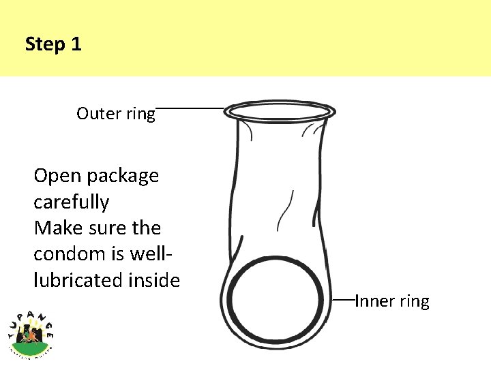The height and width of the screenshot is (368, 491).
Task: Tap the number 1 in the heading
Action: pyautogui.click(x=76, y=45)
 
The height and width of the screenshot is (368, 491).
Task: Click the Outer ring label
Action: pyautogui.click(x=116, y=113)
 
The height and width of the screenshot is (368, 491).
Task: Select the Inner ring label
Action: pyautogui.click(x=392, y=301)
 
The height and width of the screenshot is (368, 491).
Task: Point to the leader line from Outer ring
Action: pyautogui.click(x=191, y=108)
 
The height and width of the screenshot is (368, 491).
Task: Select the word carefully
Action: pyautogui.click(x=71, y=202)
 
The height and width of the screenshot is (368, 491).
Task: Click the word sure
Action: pyautogui.click(x=109, y=228)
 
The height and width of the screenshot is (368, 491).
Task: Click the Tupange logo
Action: pyautogui.click(x=31, y=332)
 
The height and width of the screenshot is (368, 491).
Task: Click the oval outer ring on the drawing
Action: pyautogui.click(x=280, y=111)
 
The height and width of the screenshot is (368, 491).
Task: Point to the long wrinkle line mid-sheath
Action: pyautogui.click(x=285, y=211)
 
